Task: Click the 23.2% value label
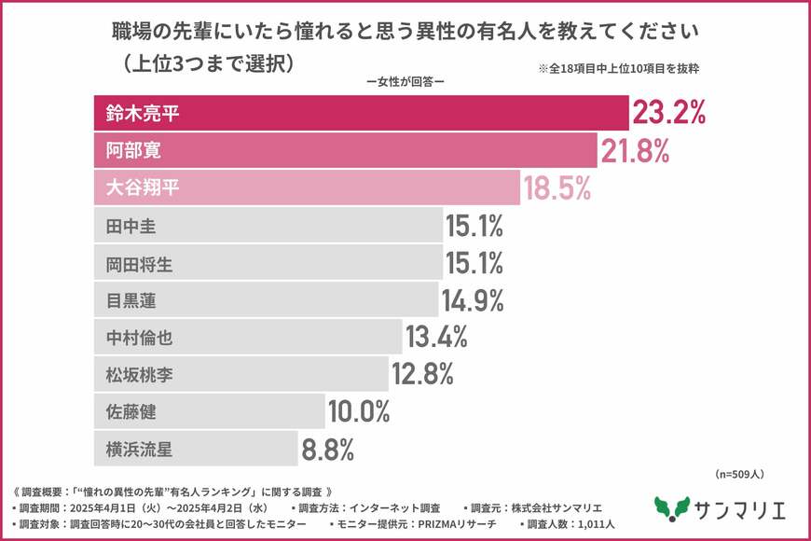[x=668, y=114]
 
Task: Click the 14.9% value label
[x=474, y=300]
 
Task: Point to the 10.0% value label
[x=359, y=412]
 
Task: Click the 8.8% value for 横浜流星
[x=327, y=450]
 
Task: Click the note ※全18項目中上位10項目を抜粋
[x=619, y=68]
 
